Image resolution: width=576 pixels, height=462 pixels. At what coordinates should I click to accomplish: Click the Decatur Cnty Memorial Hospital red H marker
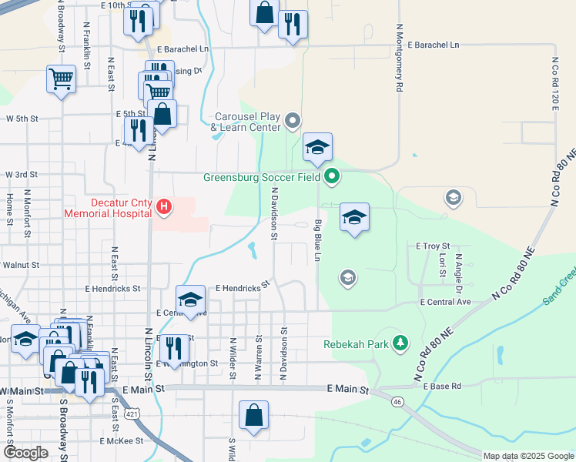[164, 206]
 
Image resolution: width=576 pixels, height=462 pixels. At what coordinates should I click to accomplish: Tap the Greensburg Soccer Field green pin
[332, 177]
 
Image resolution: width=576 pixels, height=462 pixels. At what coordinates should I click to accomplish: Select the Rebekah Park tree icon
[400, 343]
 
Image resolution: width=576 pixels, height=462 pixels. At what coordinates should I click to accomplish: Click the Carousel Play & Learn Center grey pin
[293, 120]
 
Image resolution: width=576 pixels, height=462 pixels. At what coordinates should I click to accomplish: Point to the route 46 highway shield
[397, 401]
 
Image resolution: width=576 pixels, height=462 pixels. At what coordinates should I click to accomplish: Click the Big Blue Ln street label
[317, 239]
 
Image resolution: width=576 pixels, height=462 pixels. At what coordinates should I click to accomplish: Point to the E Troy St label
[432, 246]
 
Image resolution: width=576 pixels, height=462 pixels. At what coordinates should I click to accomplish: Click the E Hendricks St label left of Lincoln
[115, 289]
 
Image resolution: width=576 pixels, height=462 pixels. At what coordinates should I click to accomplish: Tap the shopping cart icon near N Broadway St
[61, 79]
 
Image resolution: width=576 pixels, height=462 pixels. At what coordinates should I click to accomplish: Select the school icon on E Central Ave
[190, 299]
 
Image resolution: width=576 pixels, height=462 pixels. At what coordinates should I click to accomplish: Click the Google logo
[25, 453]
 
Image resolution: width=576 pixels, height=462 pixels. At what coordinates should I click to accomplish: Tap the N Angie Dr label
[458, 274]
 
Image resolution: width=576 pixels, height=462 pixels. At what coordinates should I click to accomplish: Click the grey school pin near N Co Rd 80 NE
[454, 198]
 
